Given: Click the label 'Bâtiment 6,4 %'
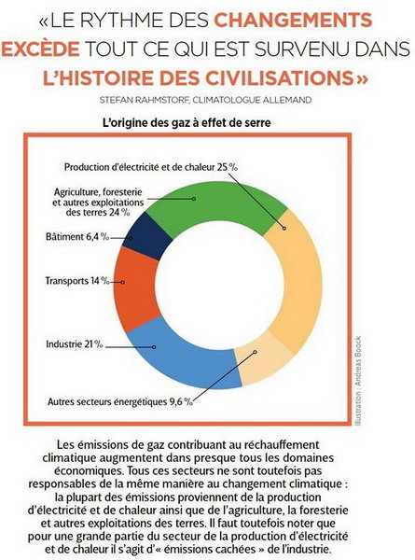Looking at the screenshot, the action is [77, 236].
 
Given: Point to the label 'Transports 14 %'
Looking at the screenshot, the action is [77, 281].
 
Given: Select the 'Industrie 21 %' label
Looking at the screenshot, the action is [75, 344].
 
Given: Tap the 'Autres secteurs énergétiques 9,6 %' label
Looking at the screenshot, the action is [120, 401].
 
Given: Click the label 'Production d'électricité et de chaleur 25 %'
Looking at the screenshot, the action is [151, 167].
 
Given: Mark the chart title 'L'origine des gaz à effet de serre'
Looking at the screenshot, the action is [187, 123].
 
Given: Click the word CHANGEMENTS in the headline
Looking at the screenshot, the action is [293, 21].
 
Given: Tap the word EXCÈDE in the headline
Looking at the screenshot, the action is [40, 49].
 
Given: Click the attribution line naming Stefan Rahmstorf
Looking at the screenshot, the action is [205, 100].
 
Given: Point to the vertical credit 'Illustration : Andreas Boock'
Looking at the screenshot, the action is [358, 381].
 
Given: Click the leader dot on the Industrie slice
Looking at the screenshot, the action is [154, 347].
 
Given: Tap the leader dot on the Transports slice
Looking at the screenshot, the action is [122, 282].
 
